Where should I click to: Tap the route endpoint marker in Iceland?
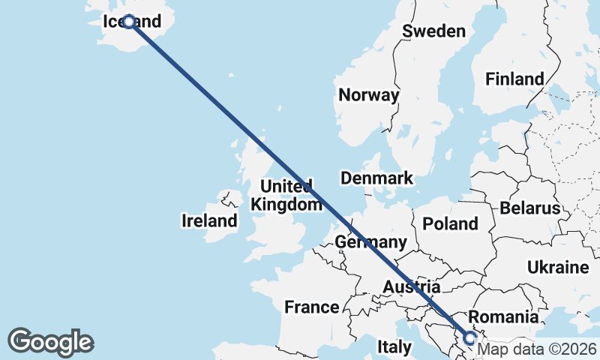tap(129, 22)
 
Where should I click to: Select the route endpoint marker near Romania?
tap(470, 338)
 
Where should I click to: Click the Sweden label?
tap(433, 31)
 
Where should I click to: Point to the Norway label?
tap(368, 95)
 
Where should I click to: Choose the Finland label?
tap(514, 79)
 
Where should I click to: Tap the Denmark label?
tap(376, 178)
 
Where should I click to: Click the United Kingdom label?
tap(282, 195)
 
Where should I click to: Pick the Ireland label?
tap(209, 220)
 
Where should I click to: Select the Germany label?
tap(370, 242)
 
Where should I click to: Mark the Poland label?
tap(450, 223)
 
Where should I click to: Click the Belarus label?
tap(530, 208)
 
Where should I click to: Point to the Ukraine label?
tap(557, 267)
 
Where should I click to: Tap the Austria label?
tap(410, 286)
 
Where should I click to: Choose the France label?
tap(311, 307)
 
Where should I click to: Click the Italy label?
tap(394, 347)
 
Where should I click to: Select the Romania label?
tap(502, 316)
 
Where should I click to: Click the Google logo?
tap(50, 342)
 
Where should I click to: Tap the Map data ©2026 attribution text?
tap(536, 349)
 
